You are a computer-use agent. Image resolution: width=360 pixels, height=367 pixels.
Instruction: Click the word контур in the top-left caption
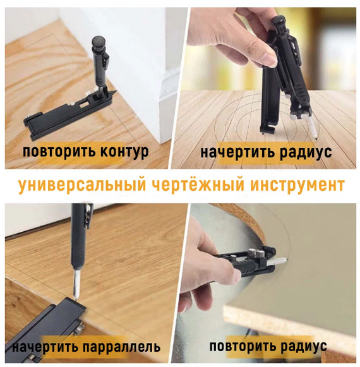pyautogui.click(x=124, y=152)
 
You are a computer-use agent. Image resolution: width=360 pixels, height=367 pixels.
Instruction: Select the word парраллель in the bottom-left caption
pyautogui.click(x=122, y=346)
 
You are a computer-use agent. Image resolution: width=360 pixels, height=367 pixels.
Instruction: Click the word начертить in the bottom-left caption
pyautogui.click(x=45, y=346)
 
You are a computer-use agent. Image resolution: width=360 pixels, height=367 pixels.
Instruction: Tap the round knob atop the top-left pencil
pyautogui.click(x=99, y=42)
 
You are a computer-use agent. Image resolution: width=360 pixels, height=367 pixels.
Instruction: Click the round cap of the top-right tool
pyautogui.click(x=279, y=20)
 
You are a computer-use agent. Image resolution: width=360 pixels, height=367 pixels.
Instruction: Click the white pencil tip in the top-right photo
pyautogui.click(x=313, y=128)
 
